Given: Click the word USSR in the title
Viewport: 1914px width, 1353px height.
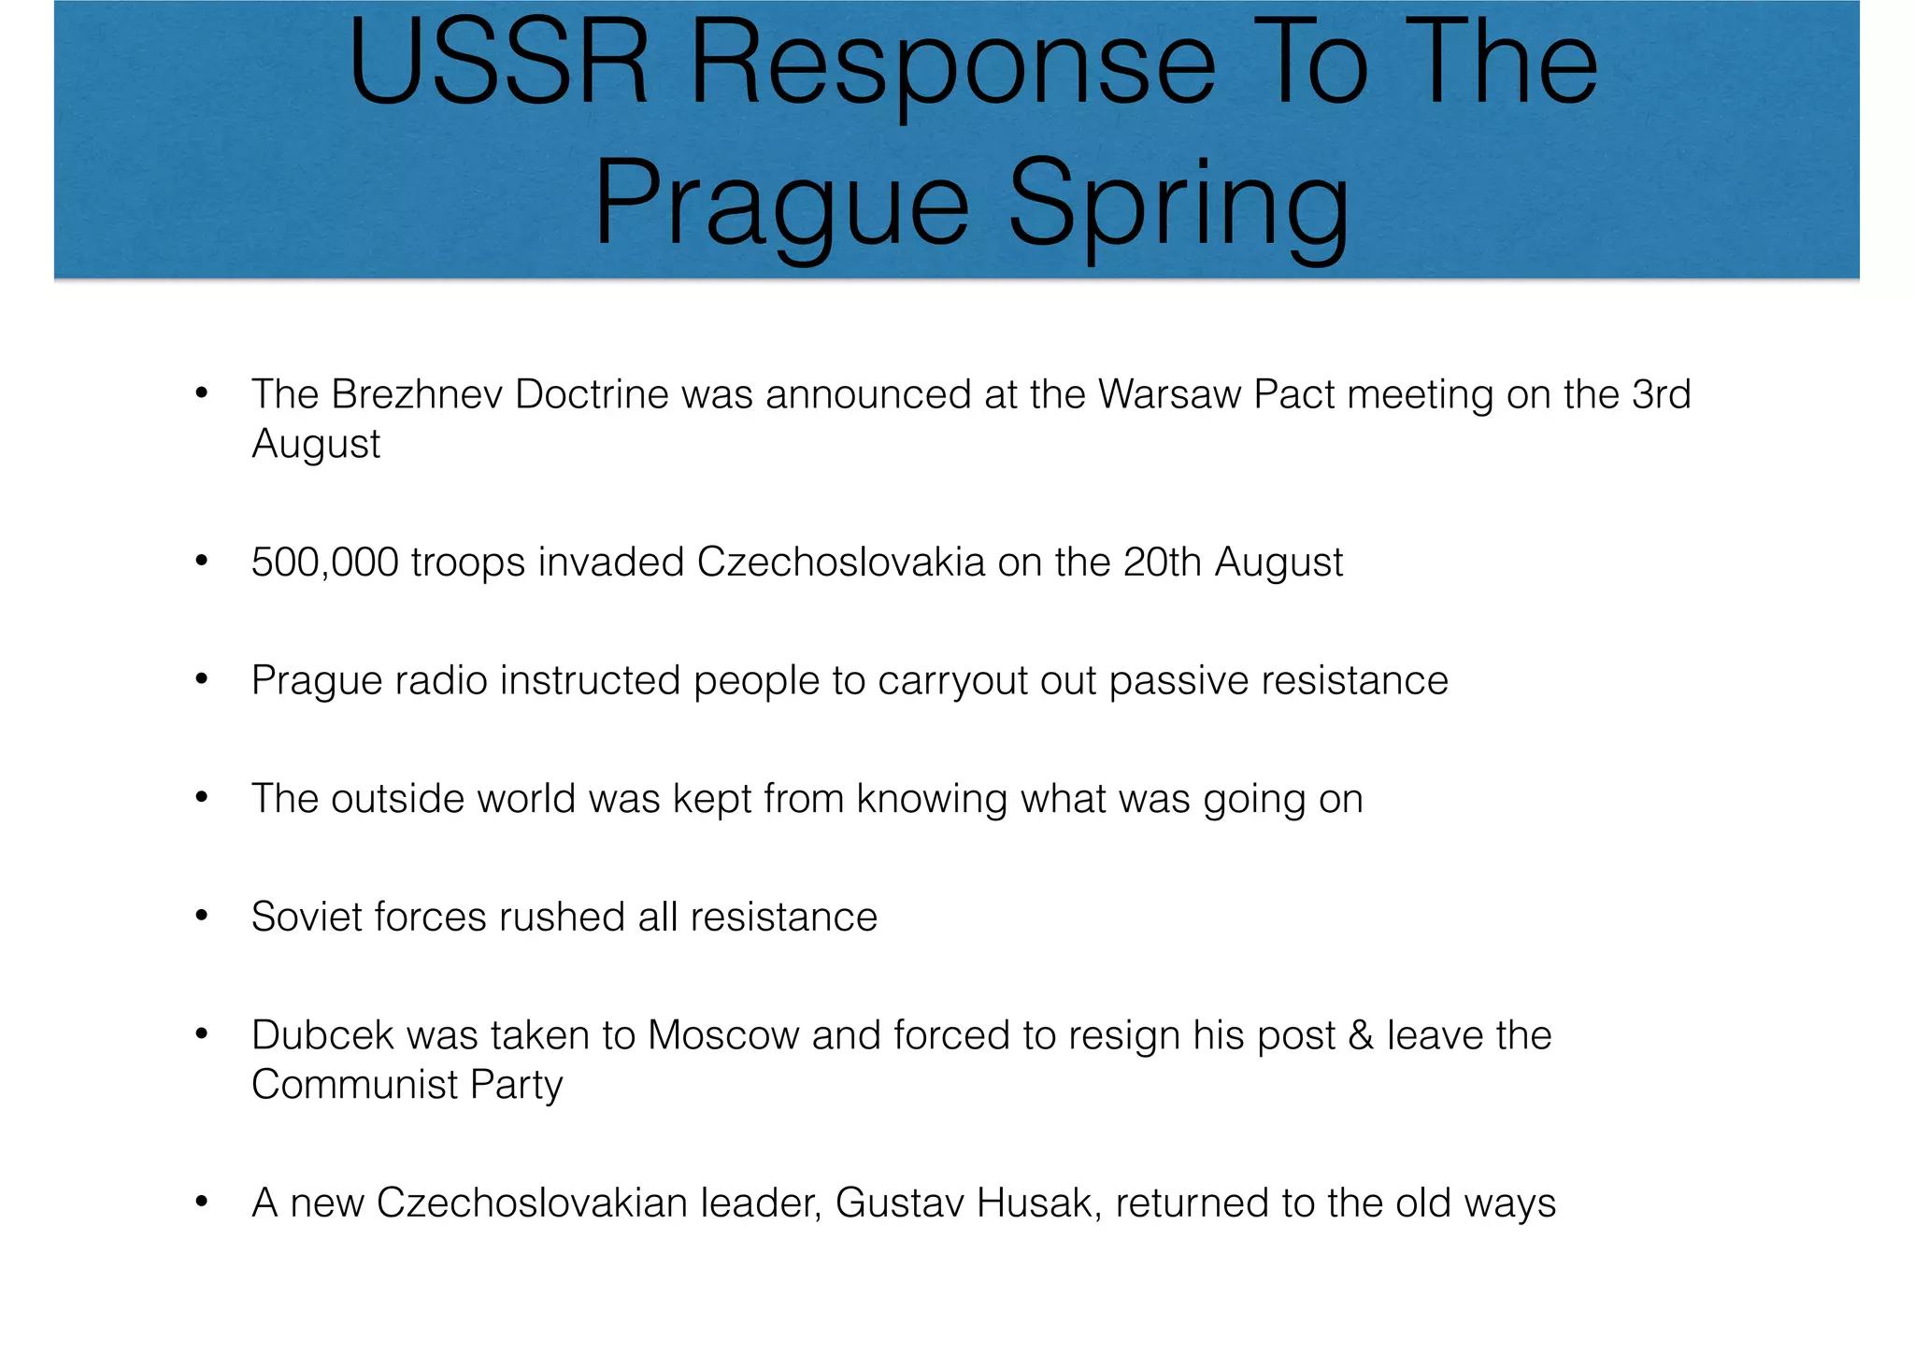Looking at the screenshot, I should (x=499, y=67).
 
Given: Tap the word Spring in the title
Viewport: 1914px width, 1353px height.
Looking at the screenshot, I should (x=1178, y=205).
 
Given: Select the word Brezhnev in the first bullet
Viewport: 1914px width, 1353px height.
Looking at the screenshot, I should (x=418, y=394).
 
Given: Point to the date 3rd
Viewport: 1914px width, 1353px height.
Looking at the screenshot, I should (x=1661, y=394).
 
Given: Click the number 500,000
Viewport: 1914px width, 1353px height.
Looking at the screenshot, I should (x=324, y=563).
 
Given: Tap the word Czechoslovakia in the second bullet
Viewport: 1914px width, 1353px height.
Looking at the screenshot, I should (x=840, y=563).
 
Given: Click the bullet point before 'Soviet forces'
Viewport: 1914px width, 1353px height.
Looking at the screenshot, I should (x=201, y=918).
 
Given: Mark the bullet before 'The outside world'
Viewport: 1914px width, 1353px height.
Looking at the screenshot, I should (x=201, y=800).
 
